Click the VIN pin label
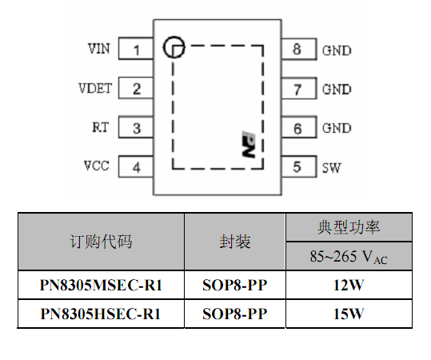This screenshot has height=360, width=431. [x=99, y=49]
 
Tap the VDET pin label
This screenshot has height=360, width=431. [x=95, y=88]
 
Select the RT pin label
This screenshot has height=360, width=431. [x=101, y=127]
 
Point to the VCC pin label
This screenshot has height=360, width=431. [x=97, y=166]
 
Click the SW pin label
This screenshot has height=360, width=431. [x=332, y=168]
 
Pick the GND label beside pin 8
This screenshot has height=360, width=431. [x=337, y=50]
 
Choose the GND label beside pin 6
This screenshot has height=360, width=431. [x=337, y=129]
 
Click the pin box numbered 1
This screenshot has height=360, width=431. [x=136, y=49]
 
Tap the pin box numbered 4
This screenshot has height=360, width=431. [x=136, y=166]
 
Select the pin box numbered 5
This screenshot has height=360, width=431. [x=299, y=166]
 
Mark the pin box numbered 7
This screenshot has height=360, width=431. [x=299, y=88]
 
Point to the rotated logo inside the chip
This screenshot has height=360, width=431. [x=249, y=144]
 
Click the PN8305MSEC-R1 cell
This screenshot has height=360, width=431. [x=101, y=285]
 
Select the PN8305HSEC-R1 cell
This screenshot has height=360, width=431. [x=101, y=314]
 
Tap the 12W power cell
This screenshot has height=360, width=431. [x=349, y=285]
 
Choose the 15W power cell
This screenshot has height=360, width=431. [x=349, y=314]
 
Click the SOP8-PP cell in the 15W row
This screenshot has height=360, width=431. [x=235, y=314]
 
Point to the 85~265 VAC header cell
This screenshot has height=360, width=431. [x=349, y=256]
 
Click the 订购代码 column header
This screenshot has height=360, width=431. [x=101, y=242]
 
